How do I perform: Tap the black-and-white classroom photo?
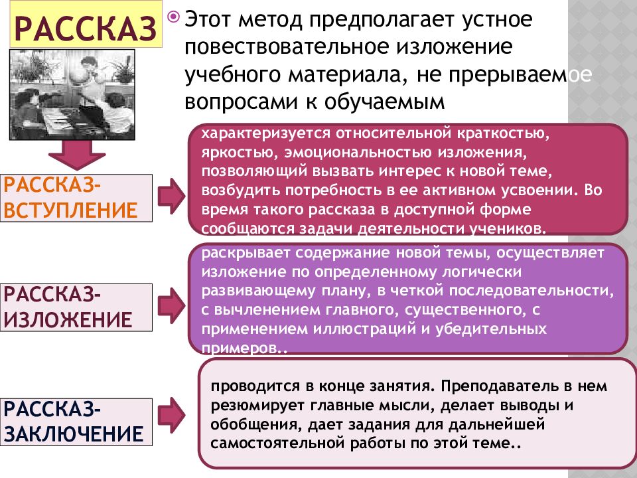[72, 94]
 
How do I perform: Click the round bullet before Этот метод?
[173, 17]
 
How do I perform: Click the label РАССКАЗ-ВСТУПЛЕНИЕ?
[76, 198]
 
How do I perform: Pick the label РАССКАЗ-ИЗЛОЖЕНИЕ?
[76, 307]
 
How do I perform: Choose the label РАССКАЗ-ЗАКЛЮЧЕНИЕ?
[76, 422]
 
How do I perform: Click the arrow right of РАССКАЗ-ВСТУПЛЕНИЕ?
[171, 196]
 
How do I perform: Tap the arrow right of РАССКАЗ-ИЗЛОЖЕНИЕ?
[171, 305]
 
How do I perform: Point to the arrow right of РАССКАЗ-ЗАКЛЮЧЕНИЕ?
[171, 415]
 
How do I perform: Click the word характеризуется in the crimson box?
[265, 134]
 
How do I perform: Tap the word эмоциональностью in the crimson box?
[358, 153]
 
